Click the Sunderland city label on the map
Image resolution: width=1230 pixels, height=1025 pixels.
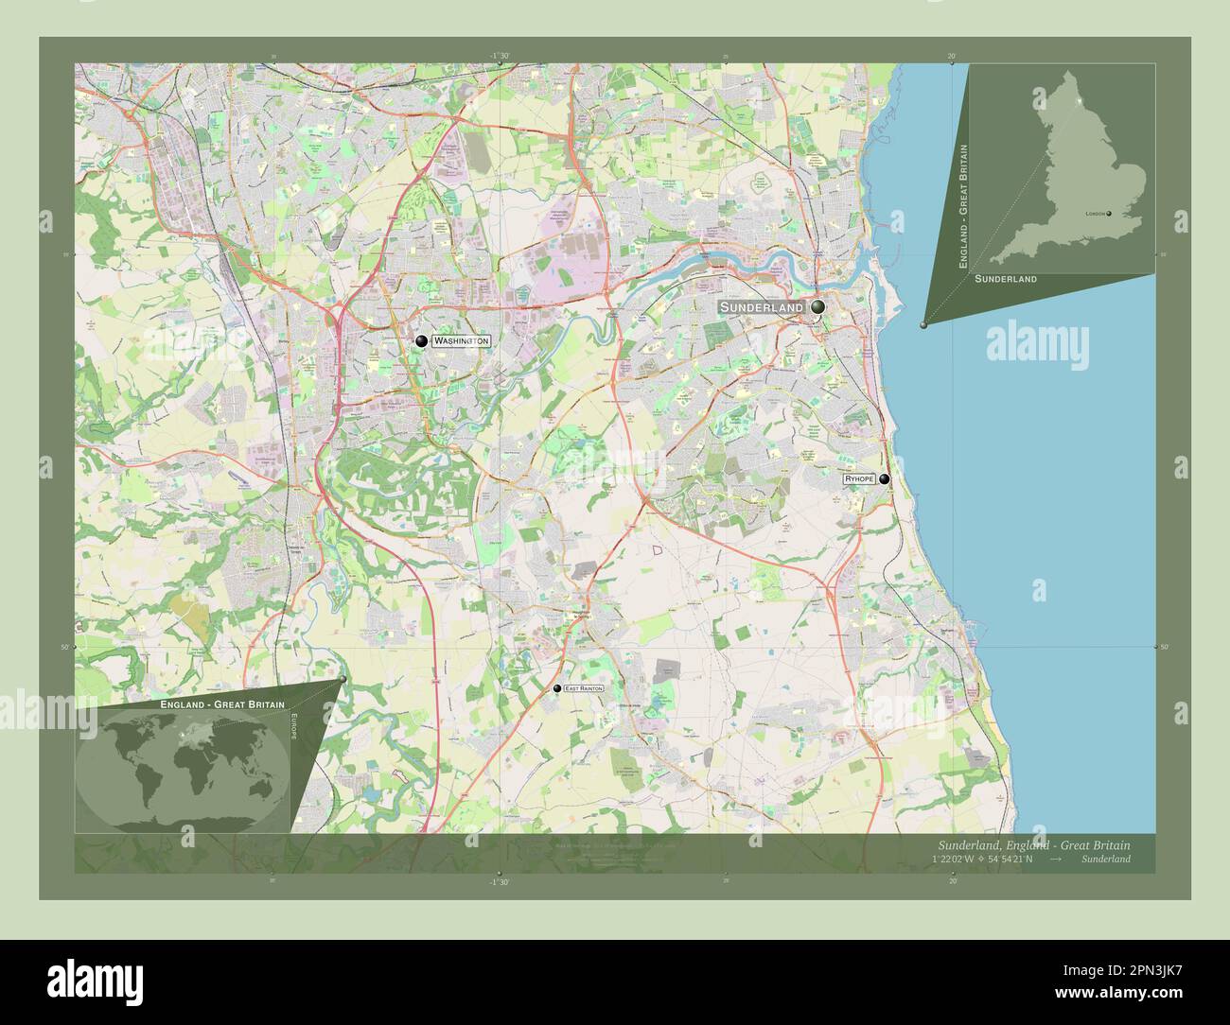[762, 308]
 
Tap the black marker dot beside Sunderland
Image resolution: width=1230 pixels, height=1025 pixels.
[817, 307]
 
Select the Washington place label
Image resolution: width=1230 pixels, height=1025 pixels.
[462, 340]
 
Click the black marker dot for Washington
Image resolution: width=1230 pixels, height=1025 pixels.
[421, 340]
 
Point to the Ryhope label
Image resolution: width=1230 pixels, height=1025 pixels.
[859, 480]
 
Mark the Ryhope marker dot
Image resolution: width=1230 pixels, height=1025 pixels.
[884, 479]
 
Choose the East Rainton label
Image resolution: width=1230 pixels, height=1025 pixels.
[583, 688]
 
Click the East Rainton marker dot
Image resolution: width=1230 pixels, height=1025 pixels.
[557, 688]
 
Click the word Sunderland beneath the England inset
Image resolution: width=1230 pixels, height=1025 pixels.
[1005, 280]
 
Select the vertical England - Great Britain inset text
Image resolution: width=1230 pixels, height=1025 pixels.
[964, 206]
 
